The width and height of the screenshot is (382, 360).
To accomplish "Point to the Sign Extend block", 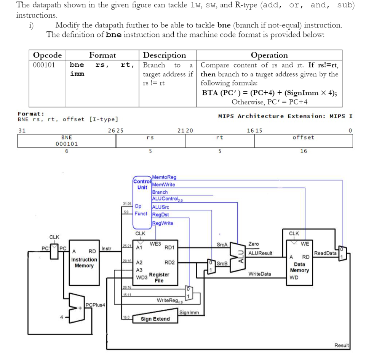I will [x=155, y=319].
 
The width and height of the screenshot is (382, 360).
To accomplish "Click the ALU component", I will [x=240, y=252].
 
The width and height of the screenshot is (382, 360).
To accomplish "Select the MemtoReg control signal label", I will [x=164, y=177].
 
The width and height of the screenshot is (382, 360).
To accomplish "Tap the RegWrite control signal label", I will [x=163, y=223].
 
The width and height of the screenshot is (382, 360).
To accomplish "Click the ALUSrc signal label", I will [x=160, y=207].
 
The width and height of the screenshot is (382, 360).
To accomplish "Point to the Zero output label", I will [x=253, y=244].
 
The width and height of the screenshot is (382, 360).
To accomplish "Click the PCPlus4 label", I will [x=95, y=305].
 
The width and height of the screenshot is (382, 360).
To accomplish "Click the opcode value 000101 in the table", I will [x=45, y=65].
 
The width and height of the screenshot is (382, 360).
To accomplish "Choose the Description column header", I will [x=165, y=55].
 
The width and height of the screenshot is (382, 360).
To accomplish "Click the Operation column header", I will [x=270, y=55].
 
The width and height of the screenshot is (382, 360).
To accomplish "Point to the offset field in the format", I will [x=303, y=137].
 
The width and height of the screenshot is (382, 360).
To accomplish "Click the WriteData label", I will [x=260, y=274].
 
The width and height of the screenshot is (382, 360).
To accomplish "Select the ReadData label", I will [x=325, y=253].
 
